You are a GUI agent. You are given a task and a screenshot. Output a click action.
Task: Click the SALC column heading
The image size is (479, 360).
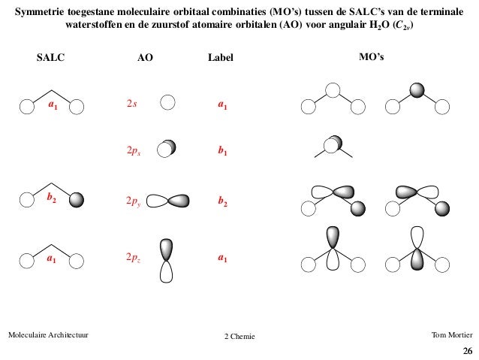(x=50, y=57)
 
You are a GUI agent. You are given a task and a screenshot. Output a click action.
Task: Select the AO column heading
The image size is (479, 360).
(x=145, y=57)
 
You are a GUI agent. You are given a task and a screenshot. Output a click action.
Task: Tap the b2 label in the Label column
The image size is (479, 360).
(x=222, y=202)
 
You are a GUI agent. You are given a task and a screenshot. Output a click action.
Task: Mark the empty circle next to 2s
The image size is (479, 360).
(x=168, y=104)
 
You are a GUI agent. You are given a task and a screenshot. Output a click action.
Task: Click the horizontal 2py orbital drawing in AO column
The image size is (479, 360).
(x=170, y=201)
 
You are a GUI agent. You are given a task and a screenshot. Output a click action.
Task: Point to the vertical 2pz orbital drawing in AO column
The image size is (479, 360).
(x=167, y=260)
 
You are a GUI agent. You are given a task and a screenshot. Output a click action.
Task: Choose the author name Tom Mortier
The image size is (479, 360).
(x=453, y=334)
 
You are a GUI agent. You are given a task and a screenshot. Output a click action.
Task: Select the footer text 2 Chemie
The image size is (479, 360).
(x=239, y=335)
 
